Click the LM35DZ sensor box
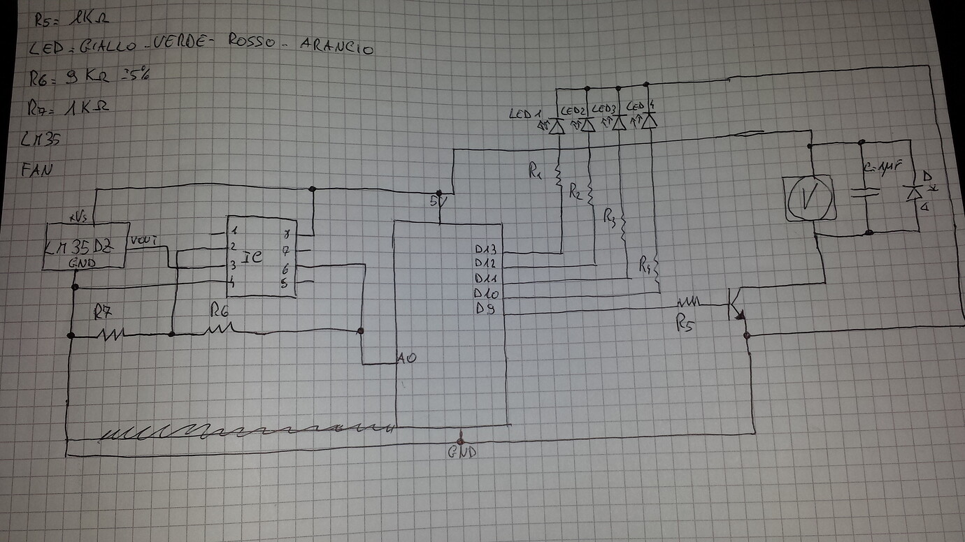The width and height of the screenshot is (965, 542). pyautogui.click(x=86, y=246)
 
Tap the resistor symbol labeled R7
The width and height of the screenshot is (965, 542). pyautogui.click(x=111, y=335)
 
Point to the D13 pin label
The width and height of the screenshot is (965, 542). pyautogui.click(x=485, y=249)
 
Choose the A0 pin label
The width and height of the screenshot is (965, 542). pyautogui.click(x=407, y=358)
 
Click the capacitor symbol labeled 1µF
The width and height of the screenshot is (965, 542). pyautogui.click(x=867, y=192)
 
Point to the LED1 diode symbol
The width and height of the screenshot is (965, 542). pyautogui.click(x=557, y=126)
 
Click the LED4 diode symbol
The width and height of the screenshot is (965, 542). pyautogui.click(x=650, y=122)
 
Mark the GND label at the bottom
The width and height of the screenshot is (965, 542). pyautogui.click(x=463, y=452)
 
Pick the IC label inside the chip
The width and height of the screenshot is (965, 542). pyautogui.click(x=253, y=256)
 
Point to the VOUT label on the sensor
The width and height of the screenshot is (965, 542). pyautogui.click(x=141, y=241)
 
